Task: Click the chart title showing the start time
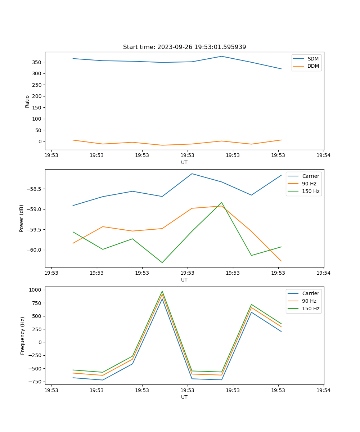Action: [184, 47]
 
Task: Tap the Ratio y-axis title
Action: [27, 101]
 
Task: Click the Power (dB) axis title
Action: [22, 218]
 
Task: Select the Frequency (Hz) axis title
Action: [23, 336]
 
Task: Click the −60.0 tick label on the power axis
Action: [33, 250]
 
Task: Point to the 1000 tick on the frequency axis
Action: [36, 290]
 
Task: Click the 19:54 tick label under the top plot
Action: [323, 156]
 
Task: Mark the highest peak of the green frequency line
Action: [162, 291]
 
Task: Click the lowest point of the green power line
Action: [162, 262]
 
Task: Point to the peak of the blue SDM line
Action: [222, 56]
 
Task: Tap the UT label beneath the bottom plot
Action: [184, 397]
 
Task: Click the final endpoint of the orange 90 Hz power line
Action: [281, 261]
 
